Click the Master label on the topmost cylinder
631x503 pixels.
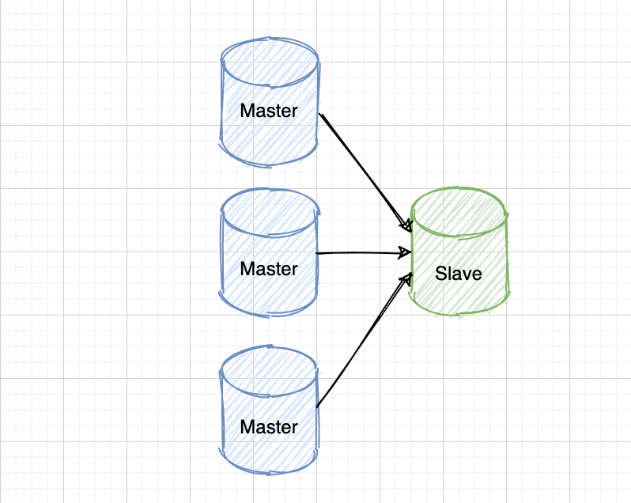click(x=269, y=111)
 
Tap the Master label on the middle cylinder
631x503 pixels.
click(x=269, y=269)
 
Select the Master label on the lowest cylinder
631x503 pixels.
click(x=269, y=427)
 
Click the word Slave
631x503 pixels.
click(x=459, y=274)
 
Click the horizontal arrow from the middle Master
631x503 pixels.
click(x=360, y=253)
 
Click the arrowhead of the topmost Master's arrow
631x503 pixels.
click(x=409, y=228)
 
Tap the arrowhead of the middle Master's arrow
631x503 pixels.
click(x=406, y=253)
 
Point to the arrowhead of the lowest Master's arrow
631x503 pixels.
click(x=409, y=278)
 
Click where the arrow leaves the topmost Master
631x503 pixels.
click(x=321, y=115)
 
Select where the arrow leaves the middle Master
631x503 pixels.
click(x=318, y=254)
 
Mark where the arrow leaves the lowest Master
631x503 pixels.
click(x=318, y=407)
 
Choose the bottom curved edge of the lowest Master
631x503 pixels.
click(x=269, y=472)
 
